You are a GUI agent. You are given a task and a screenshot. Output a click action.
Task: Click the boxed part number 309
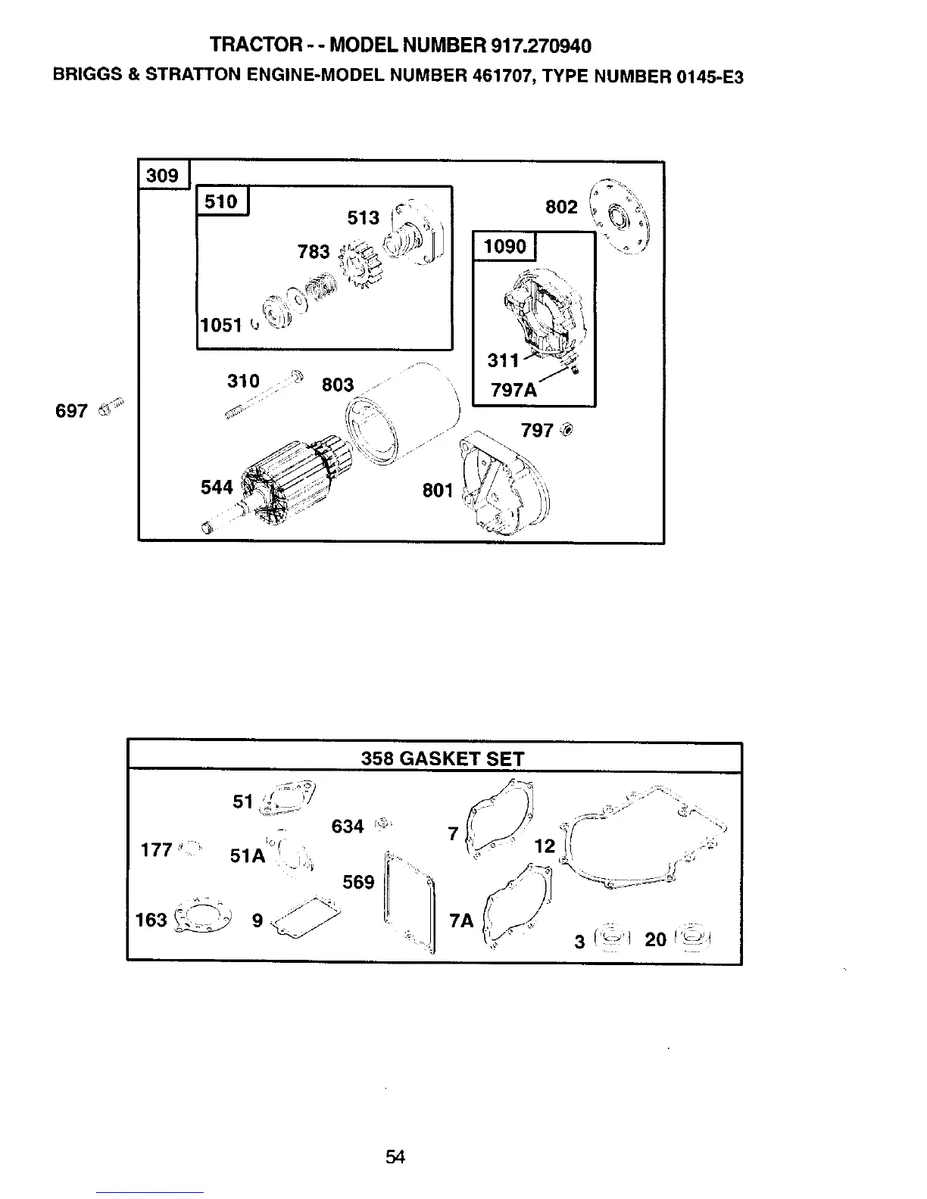coord(163,176)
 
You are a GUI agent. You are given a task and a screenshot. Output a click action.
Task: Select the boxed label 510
coord(222,201)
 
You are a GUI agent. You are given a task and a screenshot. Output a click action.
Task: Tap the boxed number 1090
coord(504,246)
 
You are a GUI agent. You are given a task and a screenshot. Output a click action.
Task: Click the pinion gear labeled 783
coord(352,263)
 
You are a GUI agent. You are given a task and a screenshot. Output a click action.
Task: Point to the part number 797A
coord(513,390)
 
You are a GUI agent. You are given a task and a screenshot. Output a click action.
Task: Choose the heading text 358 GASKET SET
coord(442,758)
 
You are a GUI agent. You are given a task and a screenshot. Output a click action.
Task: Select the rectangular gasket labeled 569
coord(410,901)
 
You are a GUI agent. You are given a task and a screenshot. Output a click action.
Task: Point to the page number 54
coord(395,1157)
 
